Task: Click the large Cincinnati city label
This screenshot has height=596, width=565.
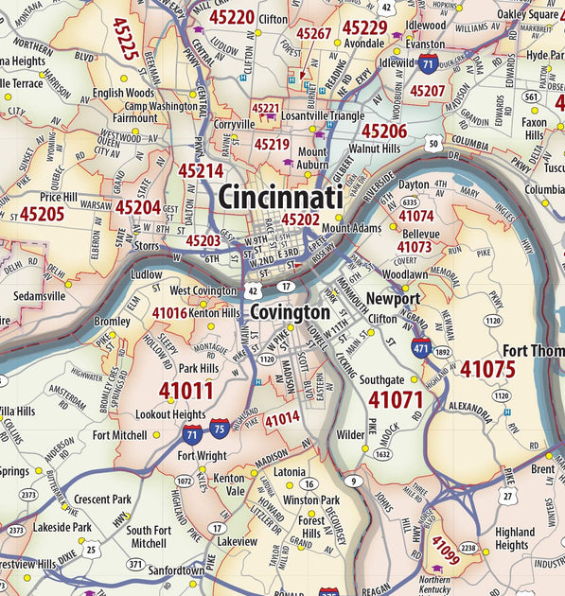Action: pyautogui.click(x=280, y=197)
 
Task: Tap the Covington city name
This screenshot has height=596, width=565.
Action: pyautogui.click(x=290, y=312)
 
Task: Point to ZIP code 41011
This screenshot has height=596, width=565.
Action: pyautogui.click(x=185, y=390)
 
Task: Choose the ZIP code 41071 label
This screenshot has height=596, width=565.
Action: pyautogui.click(x=395, y=399)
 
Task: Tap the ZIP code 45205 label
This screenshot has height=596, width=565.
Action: pyautogui.click(x=42, y=214)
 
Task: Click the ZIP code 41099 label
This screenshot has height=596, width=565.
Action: pyautogui.click(x=446, y=549)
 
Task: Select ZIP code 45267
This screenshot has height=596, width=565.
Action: pyautogui.click(x=313, y=34)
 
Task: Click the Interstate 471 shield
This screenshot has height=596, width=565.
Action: pyautogui.click(x=421, y=346)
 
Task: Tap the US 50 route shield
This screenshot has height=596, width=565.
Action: pyautogui.click(x=433, y=144)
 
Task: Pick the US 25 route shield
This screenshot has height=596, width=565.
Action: pyautogui.click(x=91, y=548)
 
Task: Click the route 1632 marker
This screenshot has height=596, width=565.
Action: pyautogui.click(x=382, y=454)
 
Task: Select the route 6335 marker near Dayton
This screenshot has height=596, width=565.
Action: pyautogui.click(x=410, y=202)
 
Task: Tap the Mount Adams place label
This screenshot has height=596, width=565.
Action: pyautogui.click(x=350, y=228)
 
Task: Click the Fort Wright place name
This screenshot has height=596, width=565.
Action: pyautogui.click(x=202, y=456)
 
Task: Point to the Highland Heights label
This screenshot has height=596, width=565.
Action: pyautogui.click(x=514, y=538)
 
